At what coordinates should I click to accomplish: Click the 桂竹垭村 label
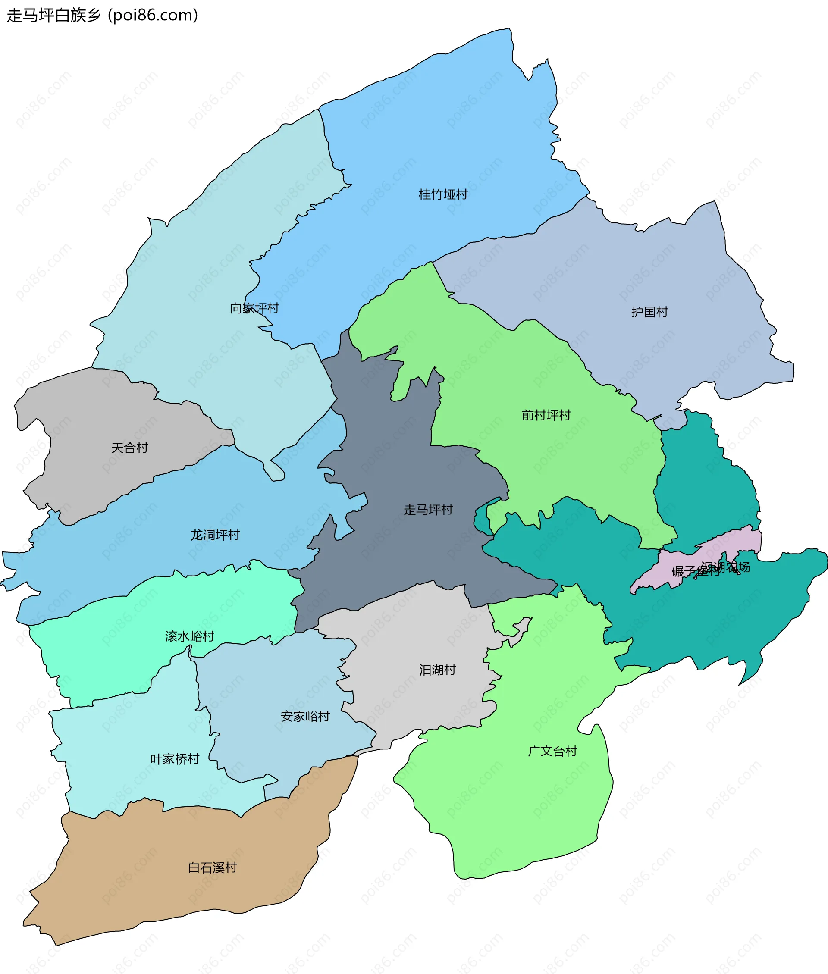(442, 194)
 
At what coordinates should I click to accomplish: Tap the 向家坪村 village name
(254, 308)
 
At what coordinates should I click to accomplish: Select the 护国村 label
(649, 312)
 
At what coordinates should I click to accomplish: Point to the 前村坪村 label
(546, 415)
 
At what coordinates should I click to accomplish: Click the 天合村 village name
(129, 448)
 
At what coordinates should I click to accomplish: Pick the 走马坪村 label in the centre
(428, 510)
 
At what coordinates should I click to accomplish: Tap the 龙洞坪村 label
(215, 535)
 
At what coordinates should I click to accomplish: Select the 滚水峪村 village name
(190, 636)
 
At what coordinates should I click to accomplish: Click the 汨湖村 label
(437, 670)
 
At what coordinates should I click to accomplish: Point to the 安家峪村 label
(305, 717)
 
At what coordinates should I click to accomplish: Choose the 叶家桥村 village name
(175, 759)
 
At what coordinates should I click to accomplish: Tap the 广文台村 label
(552, 751)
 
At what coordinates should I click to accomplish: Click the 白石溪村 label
(212, 868)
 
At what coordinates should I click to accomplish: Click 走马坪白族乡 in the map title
(53, 16)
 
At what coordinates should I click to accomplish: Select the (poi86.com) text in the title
(153, 16)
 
